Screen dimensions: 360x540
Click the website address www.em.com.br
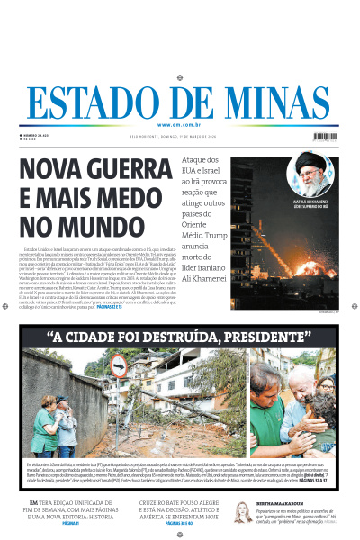pyautogui.click(x=180, y=125)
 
